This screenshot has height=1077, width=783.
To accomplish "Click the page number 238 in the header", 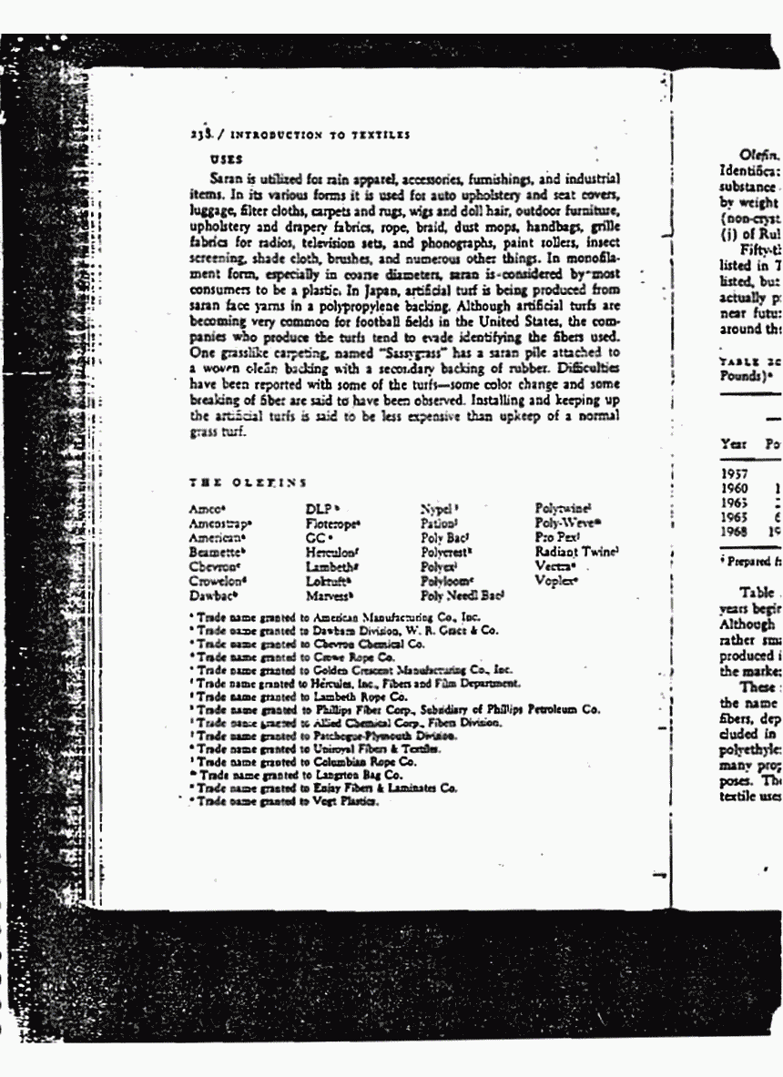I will (x=199, y=135).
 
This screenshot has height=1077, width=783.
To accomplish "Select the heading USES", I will (x=222, y=157).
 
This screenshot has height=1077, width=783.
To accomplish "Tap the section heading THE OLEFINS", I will (x=248, y=482).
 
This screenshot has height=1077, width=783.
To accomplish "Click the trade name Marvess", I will (x=330, y=595).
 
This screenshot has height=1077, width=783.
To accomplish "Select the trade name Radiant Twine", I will (x=577, y=551).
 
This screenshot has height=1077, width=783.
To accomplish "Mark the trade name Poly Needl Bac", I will (x=463, y=595).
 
